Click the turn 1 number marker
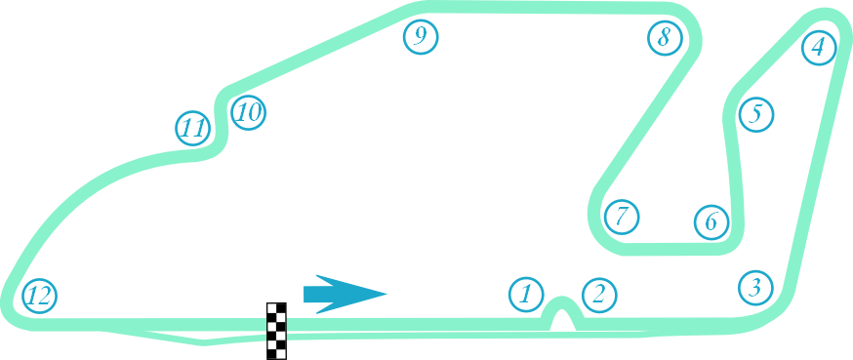click(526, 293)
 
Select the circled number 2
click(599, 294)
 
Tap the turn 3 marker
click(755, 287)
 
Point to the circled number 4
click(818, 46)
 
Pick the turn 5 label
click(755, 114)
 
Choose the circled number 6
click(711, 221)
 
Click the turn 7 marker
click(622, 216)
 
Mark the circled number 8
click(665, 38)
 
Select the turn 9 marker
click(421, 37)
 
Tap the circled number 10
click(248, 112)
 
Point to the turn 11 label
click(193, 128)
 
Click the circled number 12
click(39, 295)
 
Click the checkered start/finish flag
click(277, 331)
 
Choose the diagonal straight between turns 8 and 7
click(644, 127)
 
